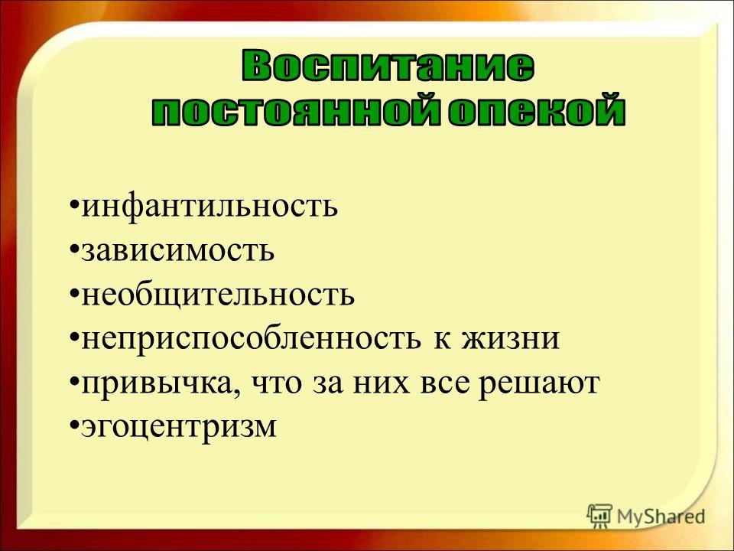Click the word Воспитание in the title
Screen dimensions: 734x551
388,67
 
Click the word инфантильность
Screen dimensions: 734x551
209,206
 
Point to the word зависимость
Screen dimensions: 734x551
178,251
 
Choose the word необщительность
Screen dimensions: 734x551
218,294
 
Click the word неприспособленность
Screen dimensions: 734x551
251,339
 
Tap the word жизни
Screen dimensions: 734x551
511,339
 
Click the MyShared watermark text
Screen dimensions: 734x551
661,517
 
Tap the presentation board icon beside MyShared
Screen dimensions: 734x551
599,516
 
